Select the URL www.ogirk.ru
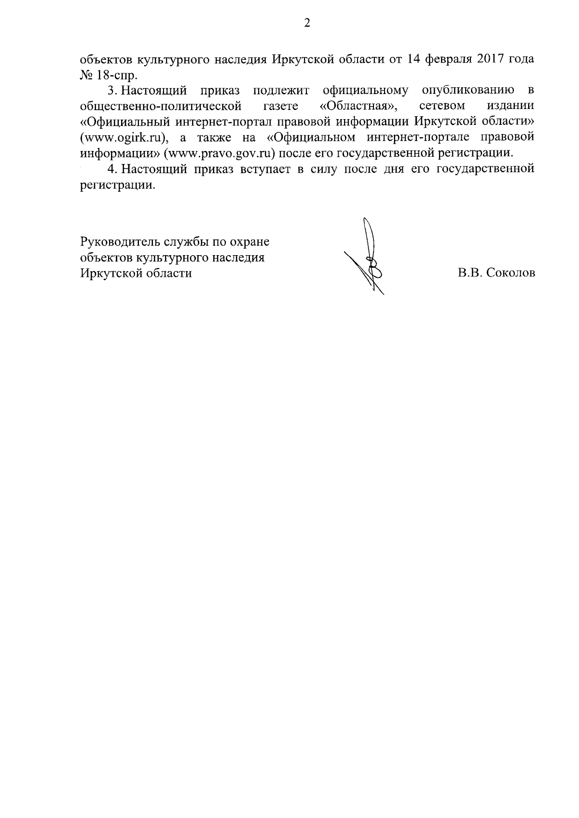(x=121, y=137)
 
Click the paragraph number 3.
(x=110, y=90)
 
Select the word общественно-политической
(x=160, y=106)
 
